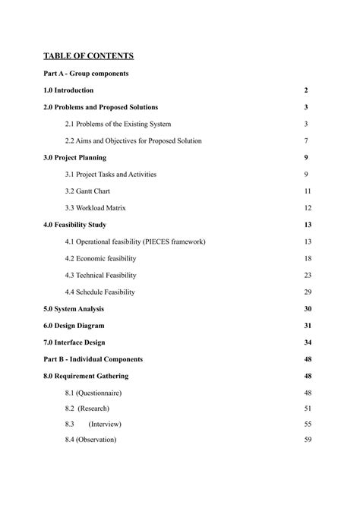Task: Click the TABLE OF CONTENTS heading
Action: (x=89, y=56)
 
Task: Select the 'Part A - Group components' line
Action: (x=86, y=74)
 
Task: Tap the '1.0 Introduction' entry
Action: (x=69, y=90)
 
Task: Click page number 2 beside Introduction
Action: (x=306, y=90)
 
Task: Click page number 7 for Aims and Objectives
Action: (x=306, y=140)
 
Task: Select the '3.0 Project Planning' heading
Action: (x=75, y=158)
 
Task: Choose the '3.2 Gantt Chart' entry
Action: (x=93, y=191)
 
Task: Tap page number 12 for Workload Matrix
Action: (x=308, y=208)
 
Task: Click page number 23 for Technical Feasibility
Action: (x=308, y=275)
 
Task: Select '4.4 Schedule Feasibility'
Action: (x=100, y=292)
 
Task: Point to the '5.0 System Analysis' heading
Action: (x=74, y=309)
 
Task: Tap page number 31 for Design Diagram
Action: (x=308, y=326)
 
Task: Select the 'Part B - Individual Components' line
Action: (x=93, y=359)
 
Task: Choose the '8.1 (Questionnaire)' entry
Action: (x=93, y=393)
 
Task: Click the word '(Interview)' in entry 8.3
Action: (x=105, y=424)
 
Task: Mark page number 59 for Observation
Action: (x=308, y=440)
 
